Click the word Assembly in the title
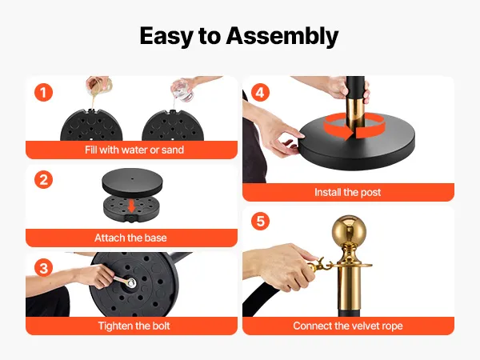pos(282,37)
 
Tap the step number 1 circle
pos(43,92)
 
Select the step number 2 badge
pos(43,180)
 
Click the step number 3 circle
pos(43,268)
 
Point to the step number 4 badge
pos(260,92)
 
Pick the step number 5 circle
pos(260,221)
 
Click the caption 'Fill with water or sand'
pos(134,150)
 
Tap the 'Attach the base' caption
pos(130,238)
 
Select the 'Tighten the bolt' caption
pos(134,326)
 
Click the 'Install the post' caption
pos(348,192)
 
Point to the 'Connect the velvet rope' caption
pos(348,326)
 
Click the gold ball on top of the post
pos(349,230)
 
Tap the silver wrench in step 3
pos(125,281)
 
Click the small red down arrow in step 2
pos(132,206)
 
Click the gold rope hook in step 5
pos(320,266)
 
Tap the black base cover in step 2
pos(132,182)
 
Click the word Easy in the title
pos(166,37)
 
